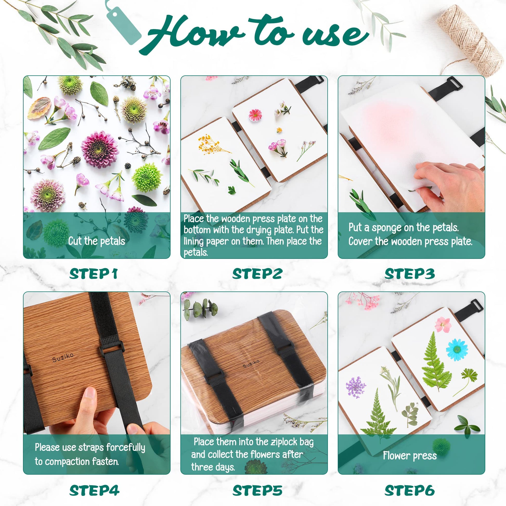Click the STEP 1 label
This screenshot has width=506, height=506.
coord(93,274)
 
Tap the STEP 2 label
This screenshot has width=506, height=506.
coord(257,274)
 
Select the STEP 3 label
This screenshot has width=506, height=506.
coord(410,274)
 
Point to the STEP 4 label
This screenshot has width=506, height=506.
coord(94,490)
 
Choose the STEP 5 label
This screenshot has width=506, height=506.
coord(257,490)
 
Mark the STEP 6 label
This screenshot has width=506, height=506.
coord(410,490)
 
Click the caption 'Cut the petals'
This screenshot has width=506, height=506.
coord(97,241)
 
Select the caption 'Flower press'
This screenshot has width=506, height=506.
coord(410,456)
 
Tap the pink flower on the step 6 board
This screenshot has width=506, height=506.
coord(443,325)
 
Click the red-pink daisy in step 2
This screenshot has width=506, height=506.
coord(255,115)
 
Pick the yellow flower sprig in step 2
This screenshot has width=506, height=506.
coord(212,145)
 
